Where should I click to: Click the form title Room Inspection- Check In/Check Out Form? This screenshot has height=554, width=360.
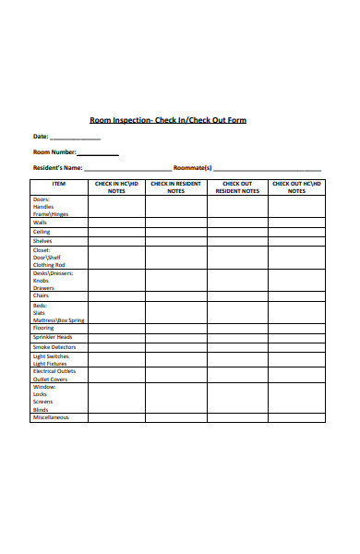pyautogui.click(x=167, y=120)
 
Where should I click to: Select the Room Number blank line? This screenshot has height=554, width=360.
pyautogui.click(x=97, y=154)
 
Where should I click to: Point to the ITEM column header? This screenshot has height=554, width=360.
pyautogui.click(x=59, y=184)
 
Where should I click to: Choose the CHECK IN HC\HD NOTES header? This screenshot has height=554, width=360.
pyautogui.click(x=116, y=187)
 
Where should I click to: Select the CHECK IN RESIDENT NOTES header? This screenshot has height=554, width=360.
pyautogui.click(x=175, y=187)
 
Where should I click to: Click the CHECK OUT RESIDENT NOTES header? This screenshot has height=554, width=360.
pyautogui.click(x=237, y=187)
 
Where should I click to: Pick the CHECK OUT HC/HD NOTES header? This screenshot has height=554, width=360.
pyautogui.click(x=296, y=187)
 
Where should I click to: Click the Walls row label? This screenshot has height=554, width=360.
pyautogui.click(x=41, y=223)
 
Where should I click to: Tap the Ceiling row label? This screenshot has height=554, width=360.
pyautogui.click(x=42, y=232)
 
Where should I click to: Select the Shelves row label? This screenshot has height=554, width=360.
pyautogui.click(x=43, y=241)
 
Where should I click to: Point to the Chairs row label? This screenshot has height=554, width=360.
pyautogui.click(x=42, y=296)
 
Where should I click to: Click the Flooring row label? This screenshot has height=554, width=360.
pyautogui.click(x=44, y=328)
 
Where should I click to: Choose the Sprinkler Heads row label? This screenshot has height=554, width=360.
pyautogui.click(x=52, y=337)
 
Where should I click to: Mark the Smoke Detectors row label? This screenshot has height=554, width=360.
pyautogui.click(x=54, y=347)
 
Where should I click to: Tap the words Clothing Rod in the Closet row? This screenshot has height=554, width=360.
pyautogui.click(x=50, y=265)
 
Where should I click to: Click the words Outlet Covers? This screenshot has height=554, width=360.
pyautogui.click(x=51, y=379)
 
